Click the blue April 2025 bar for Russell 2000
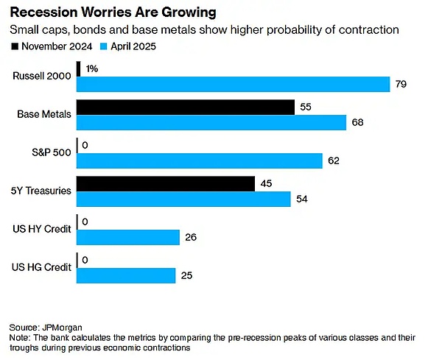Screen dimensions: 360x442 [233, 84]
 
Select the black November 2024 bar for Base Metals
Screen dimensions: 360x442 [186, 107]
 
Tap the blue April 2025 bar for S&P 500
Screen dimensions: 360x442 [200, 160]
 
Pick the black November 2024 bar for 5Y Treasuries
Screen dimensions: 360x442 [166, 183]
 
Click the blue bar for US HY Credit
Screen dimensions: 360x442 [128, 237]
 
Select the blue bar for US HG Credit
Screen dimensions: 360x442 [126, 275]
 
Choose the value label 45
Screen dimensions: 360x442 [267, 183]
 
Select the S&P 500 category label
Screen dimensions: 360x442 [53, 152]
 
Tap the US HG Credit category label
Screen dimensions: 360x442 [43, 267]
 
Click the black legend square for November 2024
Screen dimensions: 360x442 [15, 46]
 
